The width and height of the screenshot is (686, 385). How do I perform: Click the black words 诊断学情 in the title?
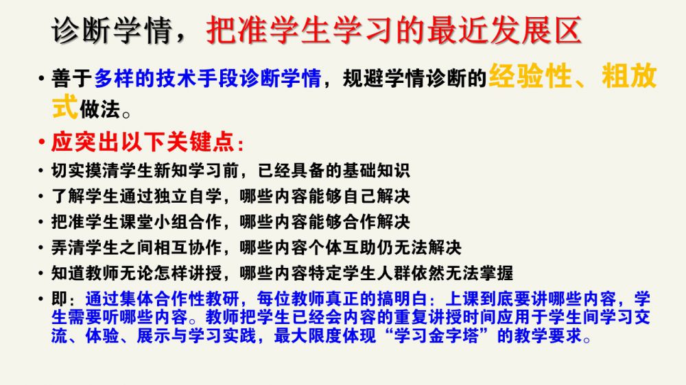tap(112, 30)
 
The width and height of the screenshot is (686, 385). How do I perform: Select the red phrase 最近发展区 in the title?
tap(504, 30)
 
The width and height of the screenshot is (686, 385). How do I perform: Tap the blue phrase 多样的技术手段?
tap(167, 79)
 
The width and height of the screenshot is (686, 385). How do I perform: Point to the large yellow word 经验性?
tap(530, 76)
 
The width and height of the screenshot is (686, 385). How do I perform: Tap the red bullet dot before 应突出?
tap(42, 142)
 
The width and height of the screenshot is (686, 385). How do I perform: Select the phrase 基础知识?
tap(376, 171)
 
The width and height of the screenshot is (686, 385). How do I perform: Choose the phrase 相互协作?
tap(188, 248)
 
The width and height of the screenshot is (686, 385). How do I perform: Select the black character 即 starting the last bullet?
tap(60, 299)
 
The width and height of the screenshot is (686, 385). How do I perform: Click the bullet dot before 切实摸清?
tap(41, 171)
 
